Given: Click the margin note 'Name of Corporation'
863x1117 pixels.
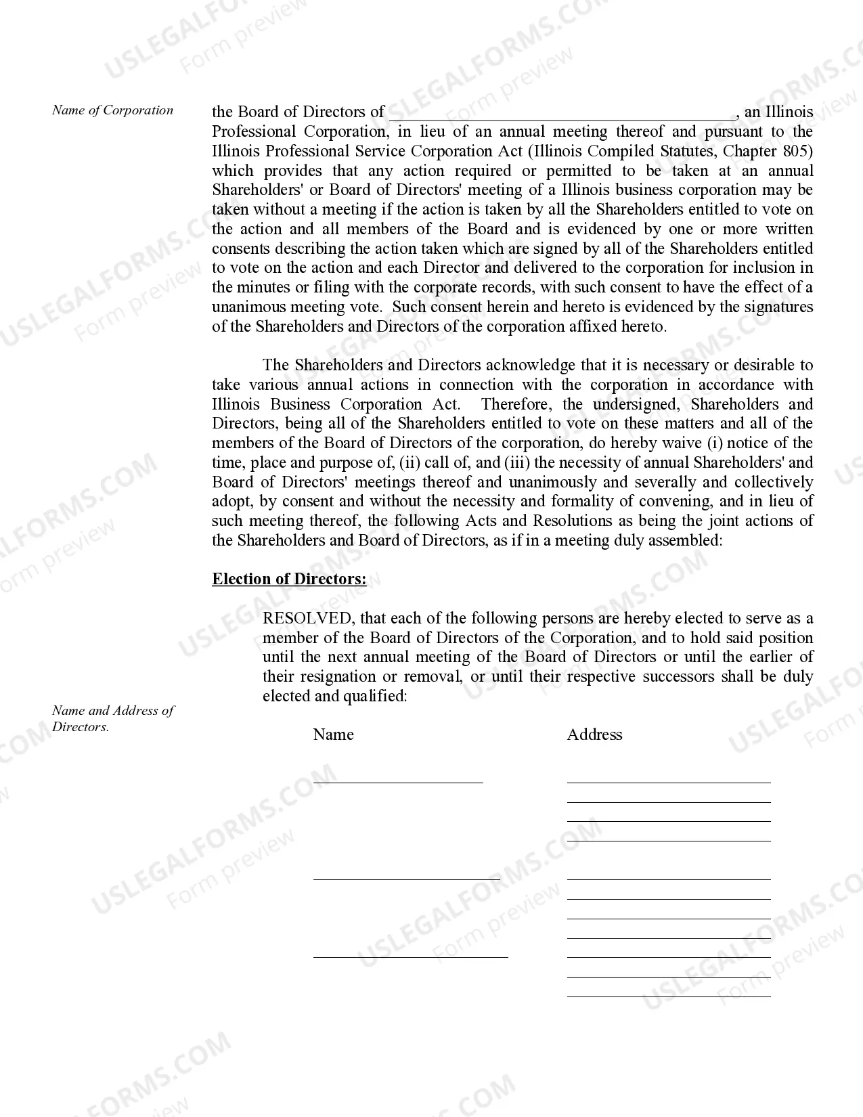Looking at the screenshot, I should [x=112, y=110].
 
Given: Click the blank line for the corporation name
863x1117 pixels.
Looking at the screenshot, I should [x=562, y=115].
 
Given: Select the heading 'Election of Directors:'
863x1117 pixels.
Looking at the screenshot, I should [x=289, y=579].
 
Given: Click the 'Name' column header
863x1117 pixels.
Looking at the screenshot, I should [x=333, y=735].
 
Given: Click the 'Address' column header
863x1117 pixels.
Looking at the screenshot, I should [x=594, y=735].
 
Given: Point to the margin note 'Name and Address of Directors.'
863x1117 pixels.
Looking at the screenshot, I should [x=112, y=718].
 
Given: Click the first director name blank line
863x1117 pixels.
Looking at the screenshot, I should [x=398, y=781].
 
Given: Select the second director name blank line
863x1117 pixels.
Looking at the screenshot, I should [x=406, y=878].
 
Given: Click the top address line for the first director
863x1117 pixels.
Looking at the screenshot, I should [x=669, y=781].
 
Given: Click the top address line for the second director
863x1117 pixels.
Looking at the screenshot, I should [x=669, y=878].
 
